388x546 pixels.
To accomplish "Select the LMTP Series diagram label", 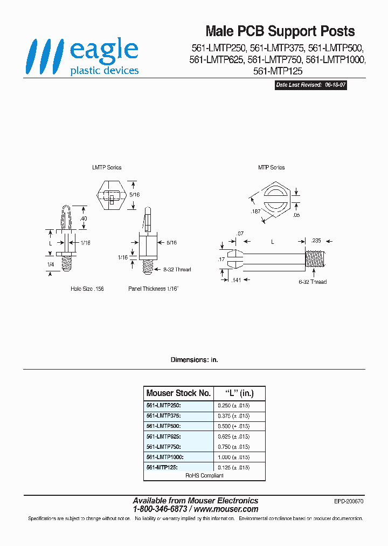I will (x=107, y=167).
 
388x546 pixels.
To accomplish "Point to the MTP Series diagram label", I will (x=271, y=167).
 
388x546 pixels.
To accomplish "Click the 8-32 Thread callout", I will (x=173, y=269).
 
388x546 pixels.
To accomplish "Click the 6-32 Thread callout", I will (x=313, y=282).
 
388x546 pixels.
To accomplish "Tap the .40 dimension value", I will (x=83, y=218).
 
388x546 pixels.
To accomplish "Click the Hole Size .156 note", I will (x=87, y=289).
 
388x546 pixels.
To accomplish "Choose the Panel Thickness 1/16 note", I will (x=153, y=289).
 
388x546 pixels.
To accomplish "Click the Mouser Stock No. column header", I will (x=178, y=393).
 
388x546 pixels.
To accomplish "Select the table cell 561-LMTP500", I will (x=163, y=426).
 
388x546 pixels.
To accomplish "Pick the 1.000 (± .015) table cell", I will (x=234, y=456).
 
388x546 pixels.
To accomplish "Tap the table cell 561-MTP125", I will (x=162, y=467).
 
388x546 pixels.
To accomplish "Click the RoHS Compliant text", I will (x=204, y=475).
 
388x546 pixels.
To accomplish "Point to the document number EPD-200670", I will (x=349, y=501).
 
